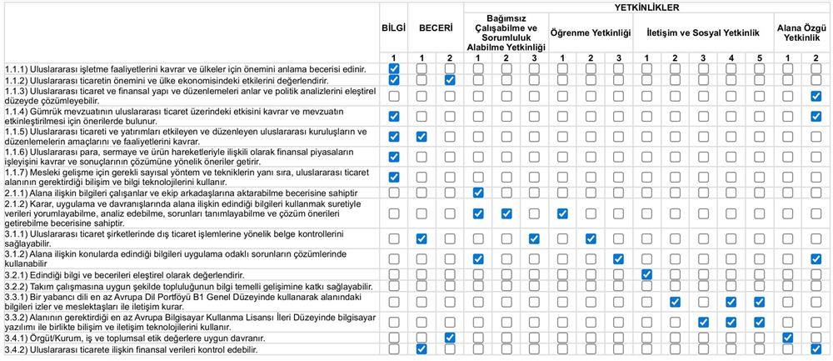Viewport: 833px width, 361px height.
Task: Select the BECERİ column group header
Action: pyautogui.click(x=436, y=28)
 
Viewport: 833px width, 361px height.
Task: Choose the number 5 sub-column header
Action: pyautogui.click(x=760, y=58)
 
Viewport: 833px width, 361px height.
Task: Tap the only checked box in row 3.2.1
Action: pyautogui.click(x=646, y=274)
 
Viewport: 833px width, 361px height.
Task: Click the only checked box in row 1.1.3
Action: pyautogui.click(x=816, y=96)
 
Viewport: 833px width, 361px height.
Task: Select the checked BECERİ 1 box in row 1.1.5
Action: pyautogui.click(x=421, y=136)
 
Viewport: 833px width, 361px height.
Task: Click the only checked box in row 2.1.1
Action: pyautogui.click(x=478, y=193)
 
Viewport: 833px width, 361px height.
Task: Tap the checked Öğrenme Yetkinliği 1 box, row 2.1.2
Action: pyautogui.click(x=562, y=213)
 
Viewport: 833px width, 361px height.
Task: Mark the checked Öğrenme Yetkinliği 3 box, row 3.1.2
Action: pyautogui.click(x=618, y=258)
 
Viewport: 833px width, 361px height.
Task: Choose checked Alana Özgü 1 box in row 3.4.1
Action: pyautogui.click(x=788, y=338)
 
